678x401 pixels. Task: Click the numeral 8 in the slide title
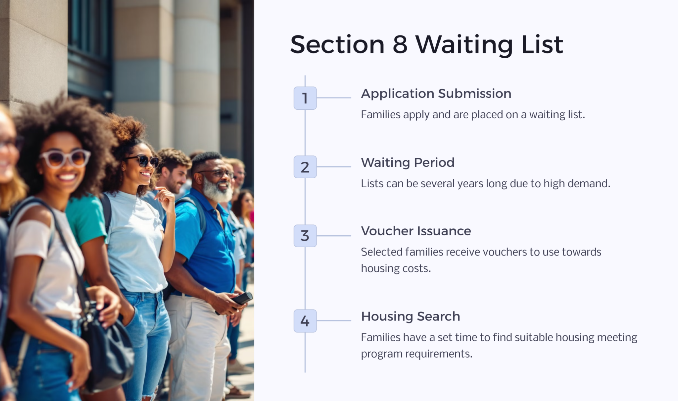click(400, 44)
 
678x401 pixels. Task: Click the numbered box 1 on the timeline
click(305, 98)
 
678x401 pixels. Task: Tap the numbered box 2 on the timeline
click(305, 167)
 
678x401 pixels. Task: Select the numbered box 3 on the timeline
click(305, 236)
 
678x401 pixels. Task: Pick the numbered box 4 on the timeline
click(305, 321)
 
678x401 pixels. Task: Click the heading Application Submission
click(436, 94)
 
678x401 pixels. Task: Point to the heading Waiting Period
click(407, 163)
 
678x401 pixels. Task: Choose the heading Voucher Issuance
click(415, 231)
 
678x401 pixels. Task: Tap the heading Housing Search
click(410, 316)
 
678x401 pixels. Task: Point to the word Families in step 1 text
click(380, 115)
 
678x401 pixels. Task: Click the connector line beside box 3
click(334, 236)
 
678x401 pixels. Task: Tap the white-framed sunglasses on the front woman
click(65, 158)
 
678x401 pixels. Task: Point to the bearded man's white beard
click(217, 191)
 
